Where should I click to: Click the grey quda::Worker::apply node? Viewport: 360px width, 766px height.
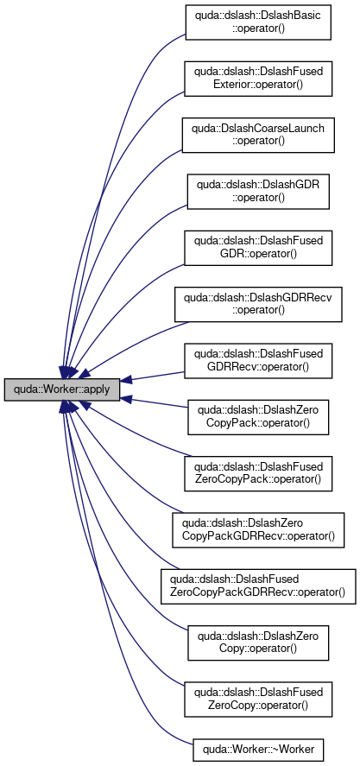point(62,389)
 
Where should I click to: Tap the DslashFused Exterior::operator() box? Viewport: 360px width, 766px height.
point(258,79)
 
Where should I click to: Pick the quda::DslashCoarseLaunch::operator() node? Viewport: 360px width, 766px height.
point(258,135)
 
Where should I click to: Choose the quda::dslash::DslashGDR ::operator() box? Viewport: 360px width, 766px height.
point(258,192)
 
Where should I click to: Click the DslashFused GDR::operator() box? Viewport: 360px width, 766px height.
point(258,248)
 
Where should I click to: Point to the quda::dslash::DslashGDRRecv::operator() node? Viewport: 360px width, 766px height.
point(258,304)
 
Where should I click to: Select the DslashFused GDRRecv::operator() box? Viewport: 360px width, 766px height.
point(258,360)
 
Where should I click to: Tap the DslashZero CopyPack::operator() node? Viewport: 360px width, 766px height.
point(258,417)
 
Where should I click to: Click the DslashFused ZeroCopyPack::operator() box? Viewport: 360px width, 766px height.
point(258,473)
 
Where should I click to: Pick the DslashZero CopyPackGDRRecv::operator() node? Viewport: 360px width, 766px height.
point(258,530)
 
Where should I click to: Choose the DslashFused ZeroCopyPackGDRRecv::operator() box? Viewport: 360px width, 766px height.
point(258,586)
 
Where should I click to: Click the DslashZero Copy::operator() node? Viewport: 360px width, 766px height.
point(258,643)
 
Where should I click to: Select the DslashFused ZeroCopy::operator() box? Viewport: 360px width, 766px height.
point(258,700)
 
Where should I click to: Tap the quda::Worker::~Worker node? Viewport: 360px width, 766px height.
point(258,747)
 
